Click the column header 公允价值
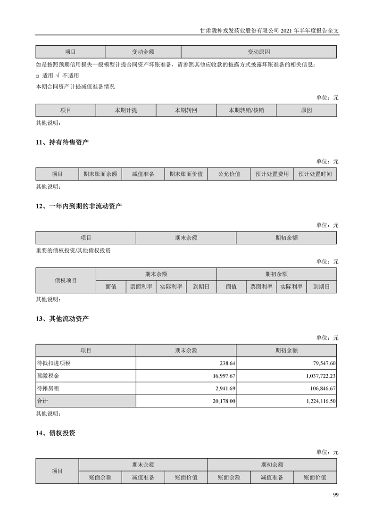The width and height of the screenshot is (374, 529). click(229, 174)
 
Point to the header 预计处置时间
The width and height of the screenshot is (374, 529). click(315, 174)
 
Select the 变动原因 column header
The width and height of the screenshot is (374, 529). click(258, 52)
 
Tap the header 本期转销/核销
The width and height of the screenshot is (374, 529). click(246, 110)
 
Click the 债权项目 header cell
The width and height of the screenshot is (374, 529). click(66, 281)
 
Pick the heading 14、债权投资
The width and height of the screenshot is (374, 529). click(55, 433)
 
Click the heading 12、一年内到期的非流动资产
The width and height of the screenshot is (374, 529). click(78, 206)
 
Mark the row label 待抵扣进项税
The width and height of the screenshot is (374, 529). click(53, 364)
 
